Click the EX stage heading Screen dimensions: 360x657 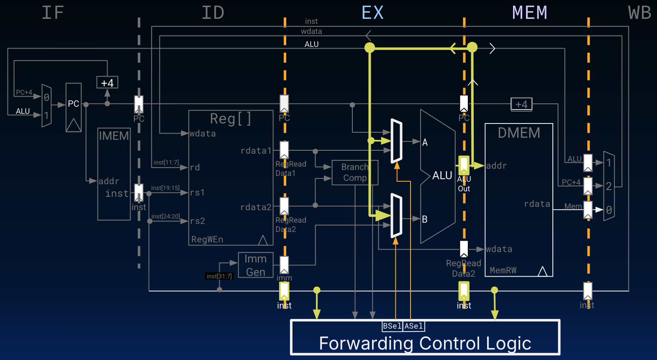[x=372, y=13]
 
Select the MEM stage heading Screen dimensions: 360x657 [x=529, y=13]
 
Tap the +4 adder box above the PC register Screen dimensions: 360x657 [x=107, y=82]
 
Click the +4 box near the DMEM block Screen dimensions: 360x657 [x=521, y=104]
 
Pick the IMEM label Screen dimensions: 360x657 [x=114, y=136]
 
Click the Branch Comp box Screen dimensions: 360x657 [x=355, y=172]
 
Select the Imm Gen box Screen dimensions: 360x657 [x=256, y=265]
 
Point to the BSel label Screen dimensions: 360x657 [x=392, y=326]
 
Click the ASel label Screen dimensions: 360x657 [x=413, y=326]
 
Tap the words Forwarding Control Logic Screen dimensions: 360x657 [x=425, y=343]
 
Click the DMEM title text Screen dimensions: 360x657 [x=519, y=133]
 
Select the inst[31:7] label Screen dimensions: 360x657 [x=219, y=276]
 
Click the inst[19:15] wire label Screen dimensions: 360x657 [x=165, y=188]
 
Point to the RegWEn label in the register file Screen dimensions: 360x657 [x=207, y=239]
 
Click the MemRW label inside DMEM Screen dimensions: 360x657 [x=503, y=270]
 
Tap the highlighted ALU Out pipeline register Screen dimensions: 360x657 [x=464, y=165]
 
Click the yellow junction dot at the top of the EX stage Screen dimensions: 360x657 [x=370, y=48]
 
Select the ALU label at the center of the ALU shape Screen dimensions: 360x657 [x=442, y=175]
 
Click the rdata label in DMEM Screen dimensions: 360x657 [x=537, y=204]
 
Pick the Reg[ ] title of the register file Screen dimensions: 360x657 [x=231, y=119]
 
